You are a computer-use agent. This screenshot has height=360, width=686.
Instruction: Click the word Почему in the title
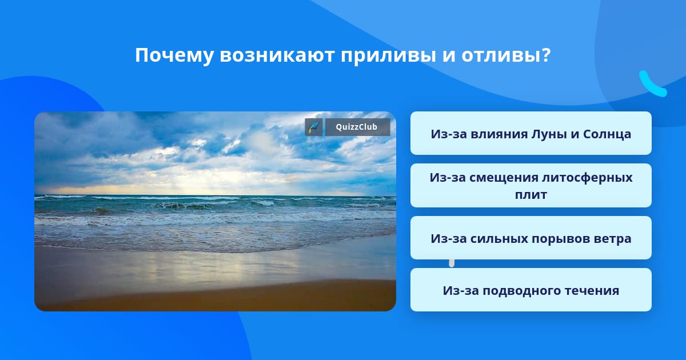[x=174, y=56]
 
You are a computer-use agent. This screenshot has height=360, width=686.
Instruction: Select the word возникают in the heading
[x=277, y=55]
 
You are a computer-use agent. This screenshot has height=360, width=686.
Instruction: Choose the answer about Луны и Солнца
[x=531, y=133]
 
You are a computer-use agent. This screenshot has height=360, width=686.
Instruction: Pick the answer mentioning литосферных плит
[x=531, y=186]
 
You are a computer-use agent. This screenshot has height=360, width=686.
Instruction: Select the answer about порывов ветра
[x=531, y=238]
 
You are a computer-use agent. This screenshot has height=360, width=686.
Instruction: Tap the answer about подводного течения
[x=531, y=290]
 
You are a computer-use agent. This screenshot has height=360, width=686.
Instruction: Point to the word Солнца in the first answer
[x=607, y=134]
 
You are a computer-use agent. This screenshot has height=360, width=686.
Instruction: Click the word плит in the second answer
[x=531, y=195]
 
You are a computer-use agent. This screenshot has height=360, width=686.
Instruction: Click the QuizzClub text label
[x=357, y=127]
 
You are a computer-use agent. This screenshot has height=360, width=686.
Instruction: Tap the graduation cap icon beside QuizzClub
[x=313, y=127]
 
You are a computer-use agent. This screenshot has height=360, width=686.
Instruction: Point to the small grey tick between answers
[x=452, y=263]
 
